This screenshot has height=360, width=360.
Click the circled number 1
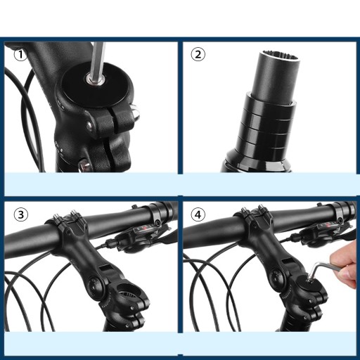pyautogui.click(x=20, y=55)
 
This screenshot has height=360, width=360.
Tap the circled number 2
pyautogui.click(x=198, y=55)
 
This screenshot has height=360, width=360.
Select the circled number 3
pyautogui.click(x=20, y=214)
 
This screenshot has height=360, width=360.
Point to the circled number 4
pyautogui.click(x=198, y=214)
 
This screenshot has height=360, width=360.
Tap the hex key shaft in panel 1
pyautogui.click(x=98, y=62)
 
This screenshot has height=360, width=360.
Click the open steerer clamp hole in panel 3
pyautogui.click(x=127, y=291)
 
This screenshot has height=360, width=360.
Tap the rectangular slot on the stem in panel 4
pyautogui.click(x=288, y=262)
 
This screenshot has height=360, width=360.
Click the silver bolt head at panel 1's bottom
pyautogui.click(x=84, y=166)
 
